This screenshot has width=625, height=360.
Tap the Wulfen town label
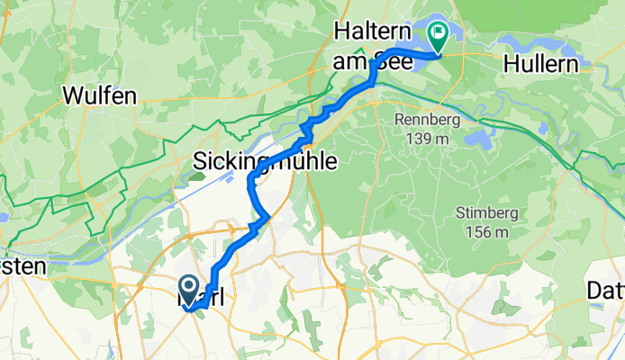pos(99,94)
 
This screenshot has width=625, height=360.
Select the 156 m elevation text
pos(478,232)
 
